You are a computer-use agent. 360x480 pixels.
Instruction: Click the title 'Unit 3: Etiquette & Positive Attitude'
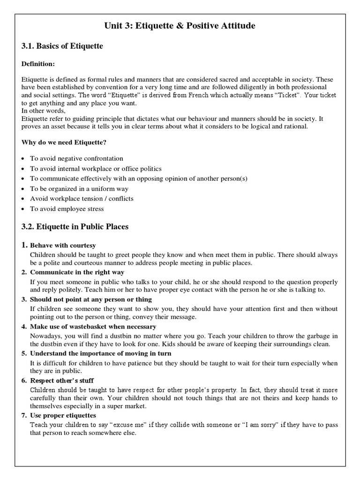point(180,26)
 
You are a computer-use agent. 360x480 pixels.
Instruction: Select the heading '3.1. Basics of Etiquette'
point(62,46)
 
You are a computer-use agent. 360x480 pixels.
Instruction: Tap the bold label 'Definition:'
point(38,63)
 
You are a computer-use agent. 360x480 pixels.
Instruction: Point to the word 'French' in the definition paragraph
point(211,95)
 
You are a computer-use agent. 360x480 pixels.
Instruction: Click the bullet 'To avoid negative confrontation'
point(77,158)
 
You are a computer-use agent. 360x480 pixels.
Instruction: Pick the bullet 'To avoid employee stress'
point(67,209)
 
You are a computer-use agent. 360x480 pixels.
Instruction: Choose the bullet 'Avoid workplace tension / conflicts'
point(82,198)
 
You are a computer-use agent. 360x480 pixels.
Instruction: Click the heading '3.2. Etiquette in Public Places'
point(75,227)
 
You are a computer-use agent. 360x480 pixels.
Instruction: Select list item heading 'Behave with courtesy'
point(63,246)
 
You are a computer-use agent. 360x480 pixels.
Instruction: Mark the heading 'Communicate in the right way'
point(77,272)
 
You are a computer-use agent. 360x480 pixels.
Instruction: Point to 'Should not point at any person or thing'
point(91,299)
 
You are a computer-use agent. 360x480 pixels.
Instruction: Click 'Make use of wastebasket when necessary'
point(93,326)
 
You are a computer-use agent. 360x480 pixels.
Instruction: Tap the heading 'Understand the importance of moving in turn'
point(100,353)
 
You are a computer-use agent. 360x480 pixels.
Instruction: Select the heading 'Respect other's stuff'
point(61,380)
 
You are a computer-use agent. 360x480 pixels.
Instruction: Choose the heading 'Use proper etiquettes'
point(63,415)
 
